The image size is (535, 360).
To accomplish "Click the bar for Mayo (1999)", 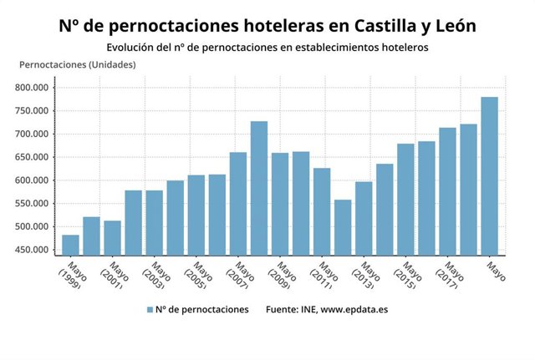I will (x=70, y=245).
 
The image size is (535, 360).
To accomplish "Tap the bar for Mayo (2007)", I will (x=238, y=203).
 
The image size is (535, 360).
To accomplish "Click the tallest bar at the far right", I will (x=489, y=175).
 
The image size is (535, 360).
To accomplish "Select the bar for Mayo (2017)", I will (x=447, y=191).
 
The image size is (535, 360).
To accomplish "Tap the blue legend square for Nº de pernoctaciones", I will (x=150, y=309).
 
